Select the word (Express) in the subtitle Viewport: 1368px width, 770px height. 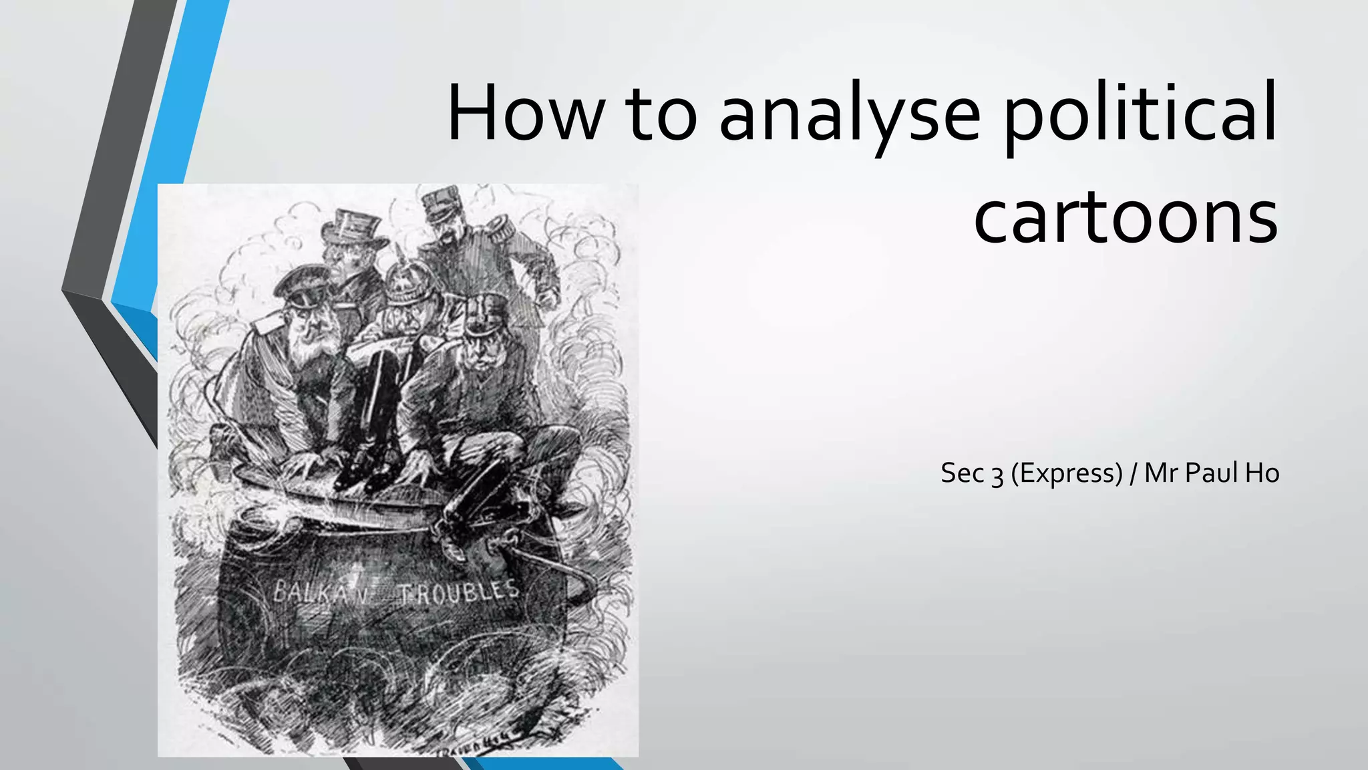click(1066, 473)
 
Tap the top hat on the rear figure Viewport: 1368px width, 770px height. click(353, 227)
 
